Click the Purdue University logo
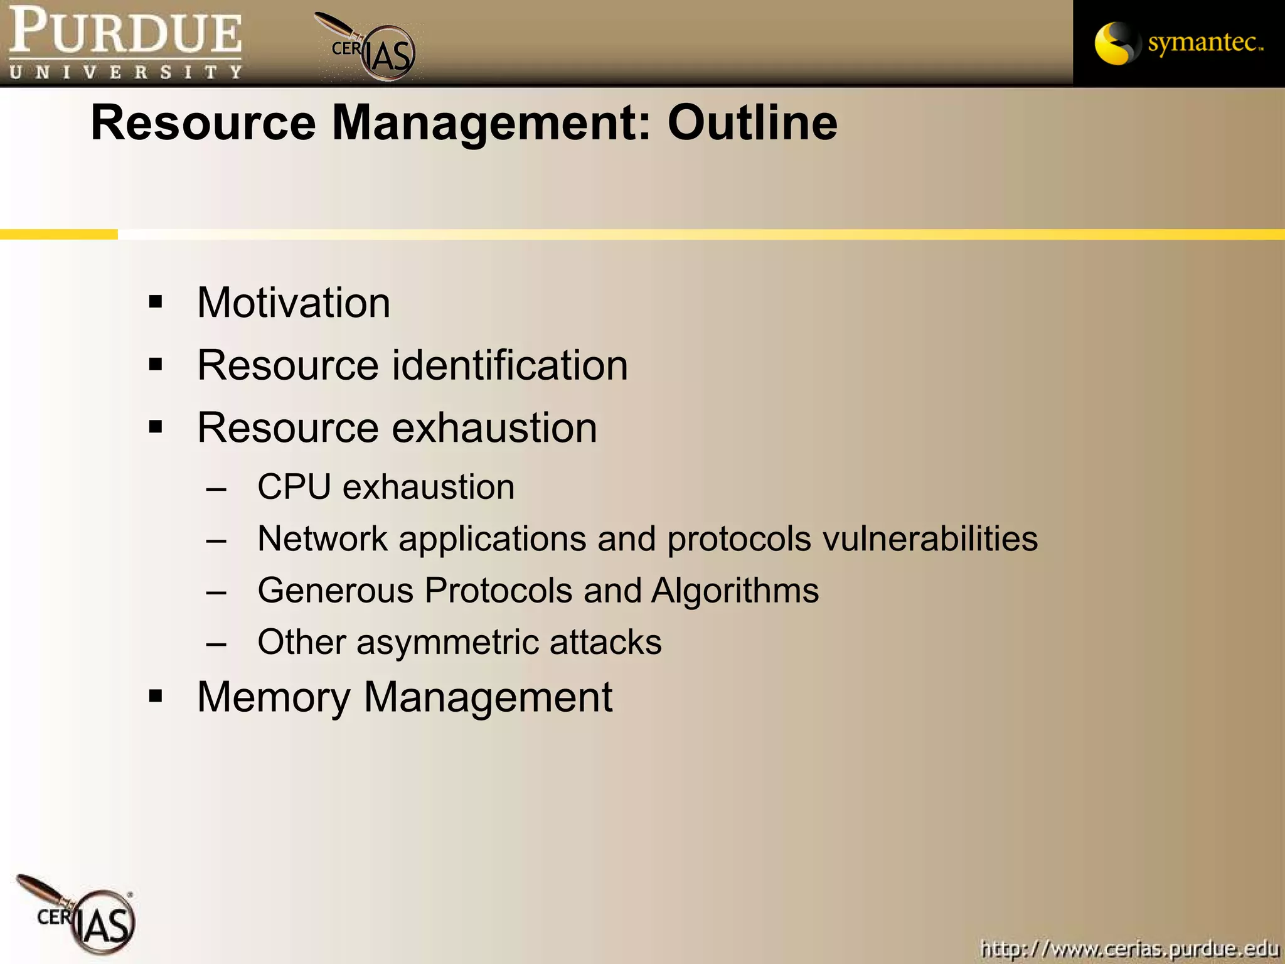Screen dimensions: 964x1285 point(125,43)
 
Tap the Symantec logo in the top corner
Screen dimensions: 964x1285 point(1178,43)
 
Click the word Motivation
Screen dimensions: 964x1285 point(294,303)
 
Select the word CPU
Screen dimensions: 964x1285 point(294,487)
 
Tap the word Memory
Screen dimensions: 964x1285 point(274,698)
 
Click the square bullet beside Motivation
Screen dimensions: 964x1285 point(156,303)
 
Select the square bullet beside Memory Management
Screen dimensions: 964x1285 point(156,696)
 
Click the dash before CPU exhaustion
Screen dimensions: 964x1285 point(216,488)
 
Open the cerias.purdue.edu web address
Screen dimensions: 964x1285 point(1129,948)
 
